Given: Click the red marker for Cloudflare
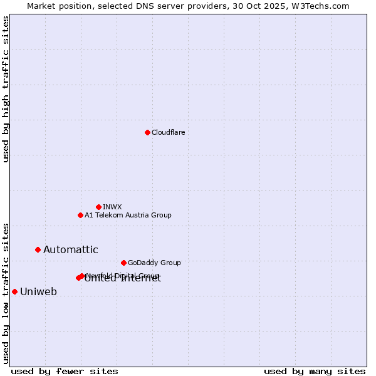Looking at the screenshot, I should click(x=147, y=132).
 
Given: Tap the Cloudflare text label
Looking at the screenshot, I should click(x=168, y=132).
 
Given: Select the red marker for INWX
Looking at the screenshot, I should click(x=98, y=207).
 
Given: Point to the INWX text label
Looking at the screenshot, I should click(x=112, y=207).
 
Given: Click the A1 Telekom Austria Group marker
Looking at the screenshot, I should click(x=80, y=215).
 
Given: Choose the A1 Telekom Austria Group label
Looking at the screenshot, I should click(x=128, y=215).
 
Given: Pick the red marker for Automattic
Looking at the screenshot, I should click(x=38, y=249).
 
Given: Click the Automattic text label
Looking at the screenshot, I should click(x=70, y=249).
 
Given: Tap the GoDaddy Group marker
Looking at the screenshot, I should click(x=123, y=263).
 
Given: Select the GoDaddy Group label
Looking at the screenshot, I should click(x=154, y=263).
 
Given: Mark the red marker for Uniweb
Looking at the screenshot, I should click(x=14, y=291).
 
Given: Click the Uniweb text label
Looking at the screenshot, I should click(x=38, y=291).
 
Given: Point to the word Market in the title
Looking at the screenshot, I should click(x=41, y=6).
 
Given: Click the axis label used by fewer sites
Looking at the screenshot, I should click(x=65, y=371).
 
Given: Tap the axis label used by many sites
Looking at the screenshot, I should click(x=315, y=371).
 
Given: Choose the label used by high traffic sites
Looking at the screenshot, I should click(x=6, y=89).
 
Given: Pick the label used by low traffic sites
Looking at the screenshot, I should click(x=6, y=293).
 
